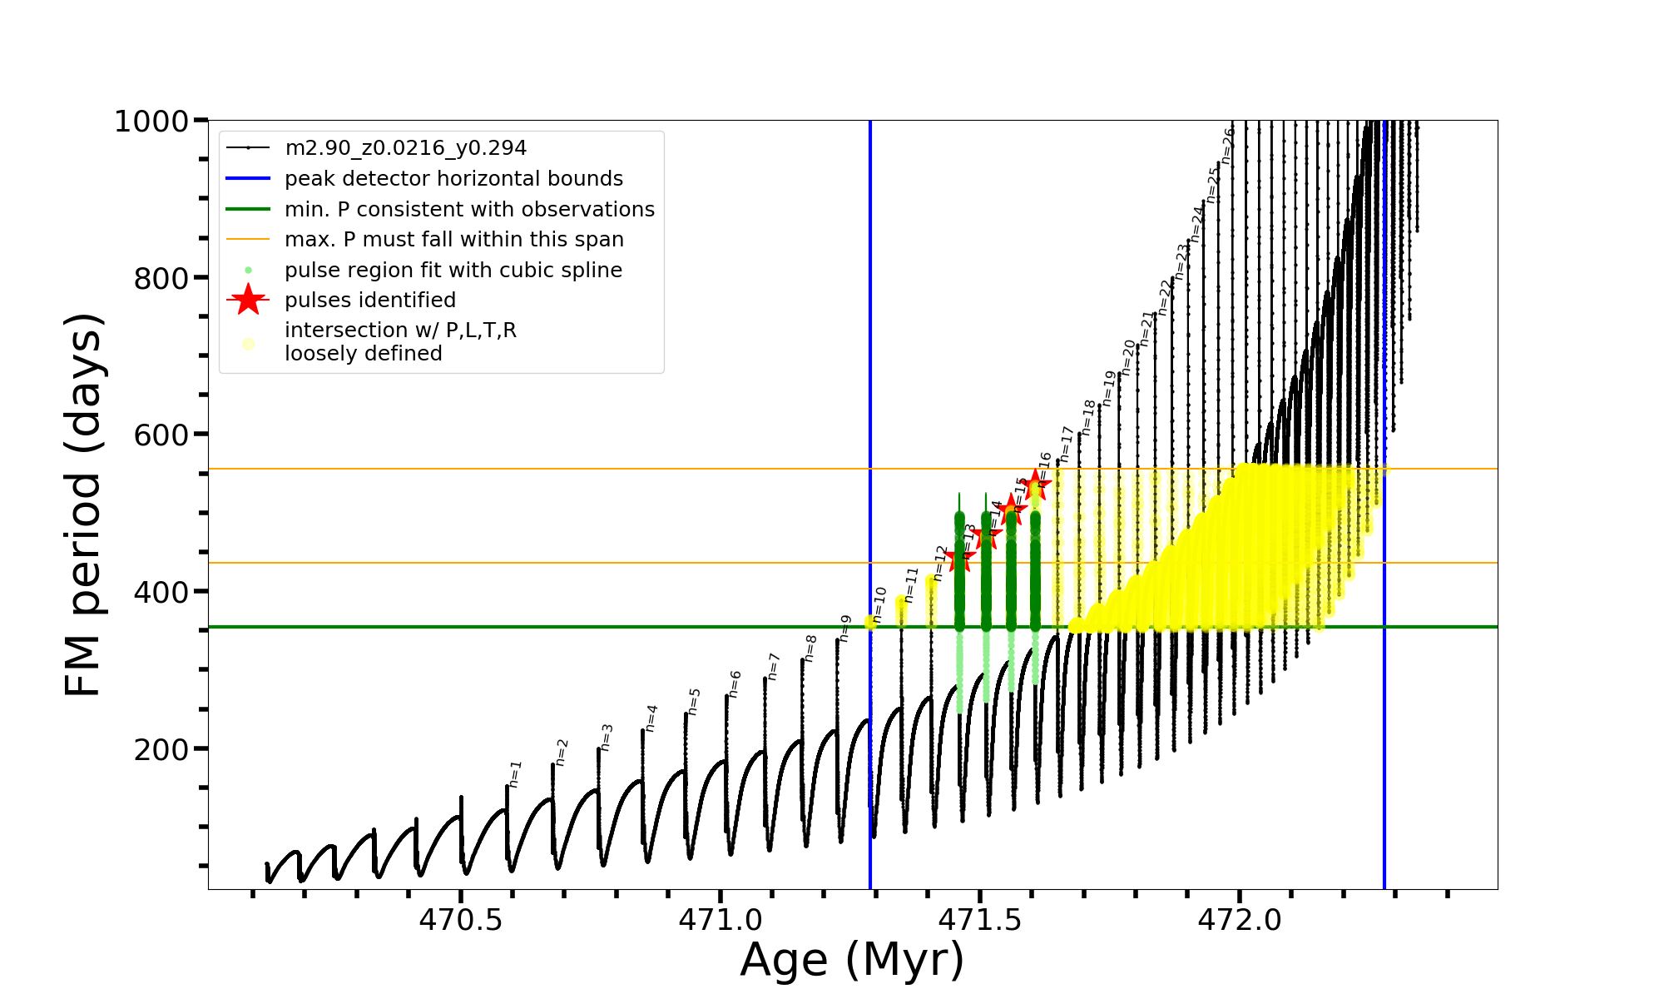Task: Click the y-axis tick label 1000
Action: click(151, 122)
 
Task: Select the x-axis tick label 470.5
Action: click(460, 919)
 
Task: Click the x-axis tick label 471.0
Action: click(721, 919)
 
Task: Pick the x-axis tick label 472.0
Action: click(1240, 919)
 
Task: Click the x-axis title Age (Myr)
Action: click(852, 960)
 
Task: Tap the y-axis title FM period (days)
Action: click(83, 504)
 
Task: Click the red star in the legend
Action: click(248, 300)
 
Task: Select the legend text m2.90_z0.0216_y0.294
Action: click(405, 148)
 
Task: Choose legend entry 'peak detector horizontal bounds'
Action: click(453, 179)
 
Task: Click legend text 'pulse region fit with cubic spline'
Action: click(453, 271)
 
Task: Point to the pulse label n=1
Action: click(515, 773)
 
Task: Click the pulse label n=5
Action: click(695, 701)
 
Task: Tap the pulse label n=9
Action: click(845, 628)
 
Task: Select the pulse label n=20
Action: click(1128, 357)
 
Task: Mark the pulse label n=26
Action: click(1227, 146)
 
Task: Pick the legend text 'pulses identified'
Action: click(370, 301)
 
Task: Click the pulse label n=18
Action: click(1088, 417)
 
